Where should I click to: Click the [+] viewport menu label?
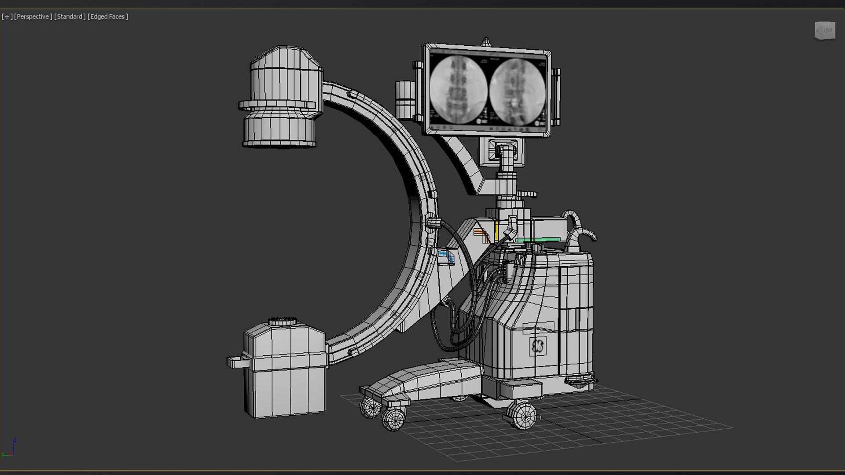[x=7, y=17]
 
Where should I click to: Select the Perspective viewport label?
[x=33, y=17]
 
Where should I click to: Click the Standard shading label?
[x=70, y=17]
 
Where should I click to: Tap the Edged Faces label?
[x=108, y=17]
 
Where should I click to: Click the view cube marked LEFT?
[x=825, y=31]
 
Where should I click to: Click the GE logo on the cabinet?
[x=537, y=346]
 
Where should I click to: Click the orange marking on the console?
[x=481, y=234]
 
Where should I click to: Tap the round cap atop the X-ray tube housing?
[x=283, y=321]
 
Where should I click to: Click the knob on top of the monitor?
[x=486, y=42]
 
